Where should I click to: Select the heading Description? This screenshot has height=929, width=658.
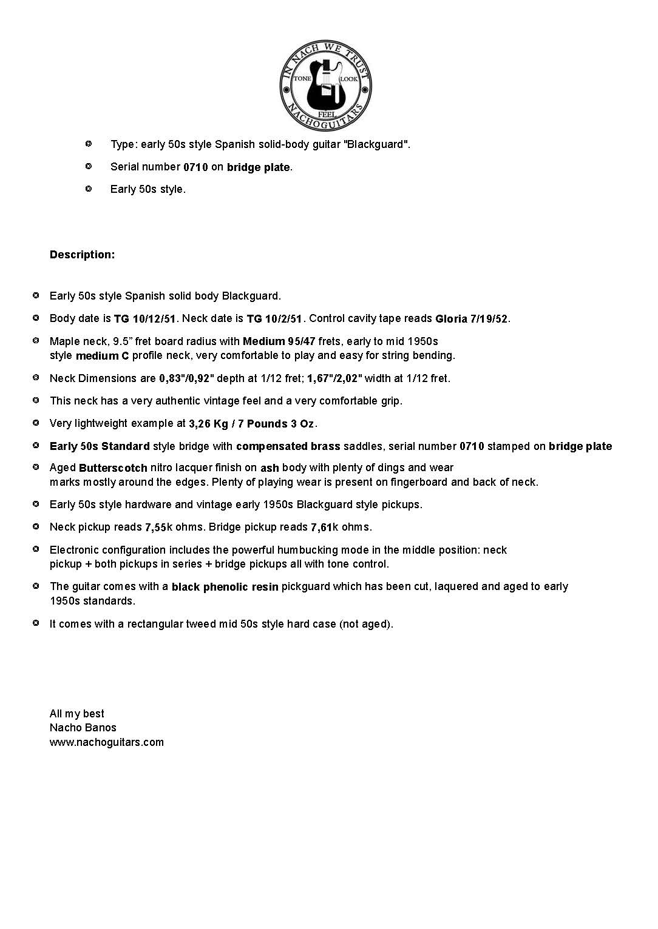pyautogui.click(x=82, y=255)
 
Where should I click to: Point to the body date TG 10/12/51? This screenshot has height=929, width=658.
pyautogui.click(x=144, y=319)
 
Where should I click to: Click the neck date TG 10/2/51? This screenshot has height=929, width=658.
pyautogui.click(x=274, y=319)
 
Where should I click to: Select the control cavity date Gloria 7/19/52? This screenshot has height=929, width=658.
pyautogui.click(x=471, y=319)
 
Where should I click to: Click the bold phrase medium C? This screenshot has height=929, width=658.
pyautogui.click(x=102, y=356)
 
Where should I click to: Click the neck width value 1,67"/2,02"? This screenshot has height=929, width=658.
pyautogui.click(x=334, y=378)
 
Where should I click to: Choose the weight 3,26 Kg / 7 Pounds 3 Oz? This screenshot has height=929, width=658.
pyautogui.click(x=251, y=424)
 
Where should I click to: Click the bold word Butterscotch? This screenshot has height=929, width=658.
pyautogui.click(x=113, y=468)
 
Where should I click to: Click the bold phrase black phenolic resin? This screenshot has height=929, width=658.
pyautogui.click(x=225, y=587)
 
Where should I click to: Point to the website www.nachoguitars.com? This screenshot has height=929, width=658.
pyautogui.click(x=106, y=742)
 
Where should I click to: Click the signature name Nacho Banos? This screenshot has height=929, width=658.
pyautogui.click(x=83, y=728)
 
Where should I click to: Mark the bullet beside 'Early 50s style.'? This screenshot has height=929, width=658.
pyautogui.click(x=89, y=189)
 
